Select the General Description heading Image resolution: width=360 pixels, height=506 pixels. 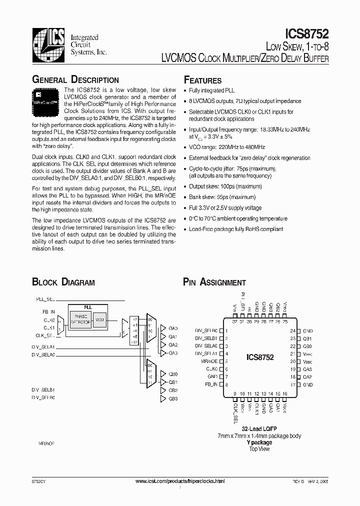[75, 80]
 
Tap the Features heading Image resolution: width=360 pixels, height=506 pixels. [202, 80]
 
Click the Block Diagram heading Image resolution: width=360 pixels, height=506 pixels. [63, 282]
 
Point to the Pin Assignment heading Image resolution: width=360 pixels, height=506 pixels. [214, 282]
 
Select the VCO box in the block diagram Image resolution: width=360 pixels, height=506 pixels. [99, 319]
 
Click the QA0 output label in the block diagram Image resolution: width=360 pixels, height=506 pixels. [173, 329]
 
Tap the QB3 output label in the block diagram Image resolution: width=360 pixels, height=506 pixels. [173, 398]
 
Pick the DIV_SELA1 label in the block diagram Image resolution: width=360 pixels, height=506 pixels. [43, 346]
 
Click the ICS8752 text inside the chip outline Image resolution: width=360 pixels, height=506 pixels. [260, 357]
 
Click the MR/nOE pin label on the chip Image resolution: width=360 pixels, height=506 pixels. [209, 361]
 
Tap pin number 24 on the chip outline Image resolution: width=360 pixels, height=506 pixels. [293, 331]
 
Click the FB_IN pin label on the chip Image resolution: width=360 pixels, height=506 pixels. [211, 384]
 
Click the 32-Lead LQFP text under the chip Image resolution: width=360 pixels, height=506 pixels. [259, 429]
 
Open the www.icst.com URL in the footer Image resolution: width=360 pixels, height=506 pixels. [180, 480]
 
